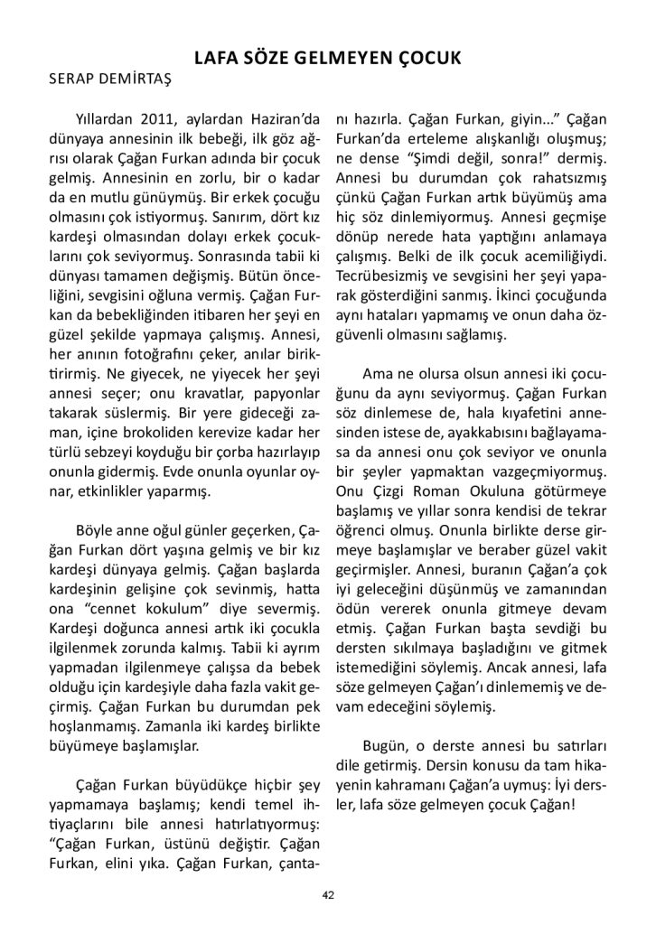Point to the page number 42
coord(328,894)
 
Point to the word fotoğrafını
coord(176,329)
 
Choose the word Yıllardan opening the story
coord(107,119)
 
